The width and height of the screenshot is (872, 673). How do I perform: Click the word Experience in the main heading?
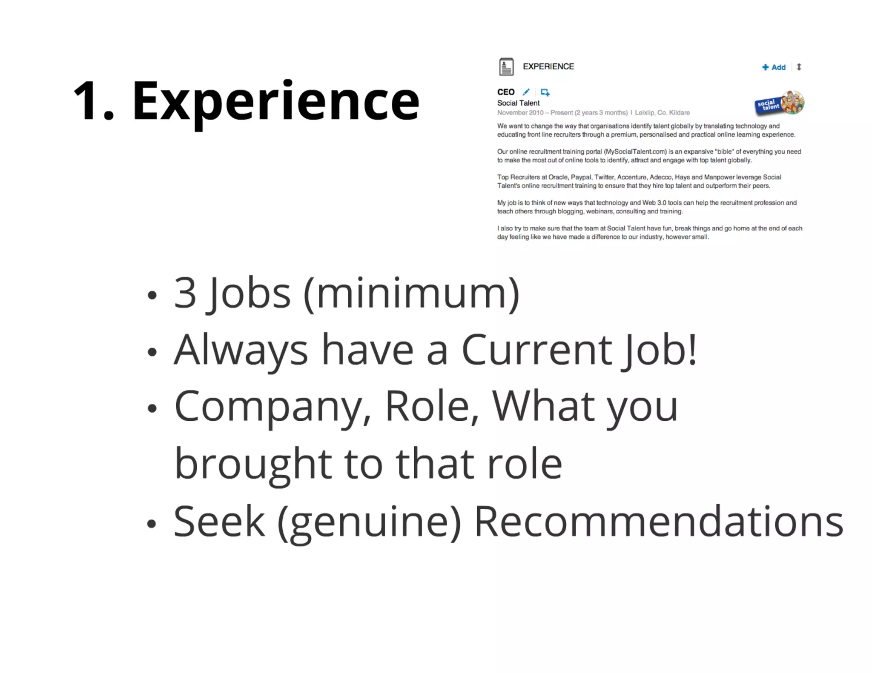click(275, 101)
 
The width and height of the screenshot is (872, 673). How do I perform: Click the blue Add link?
click(774, 67)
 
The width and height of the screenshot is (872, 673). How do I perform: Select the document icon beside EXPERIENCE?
click(506, 67)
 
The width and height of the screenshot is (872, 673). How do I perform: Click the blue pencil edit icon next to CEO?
click(526, 92)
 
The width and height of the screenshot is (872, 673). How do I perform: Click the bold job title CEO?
click(506, 92)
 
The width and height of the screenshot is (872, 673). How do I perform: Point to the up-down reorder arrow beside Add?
click(799, 67)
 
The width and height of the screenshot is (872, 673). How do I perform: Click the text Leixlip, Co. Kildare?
click(662, 113)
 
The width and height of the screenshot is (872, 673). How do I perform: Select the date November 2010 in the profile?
click(520, 113)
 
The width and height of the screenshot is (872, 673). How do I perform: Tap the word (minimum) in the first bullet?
click(411, 294)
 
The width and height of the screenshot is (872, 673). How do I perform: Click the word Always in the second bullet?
click(241, 350)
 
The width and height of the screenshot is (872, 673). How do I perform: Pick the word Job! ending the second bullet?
click(659, 350)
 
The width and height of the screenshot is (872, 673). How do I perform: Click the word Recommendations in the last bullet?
click(658, 522)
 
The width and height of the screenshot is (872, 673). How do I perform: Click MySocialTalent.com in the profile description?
click(636, 151)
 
